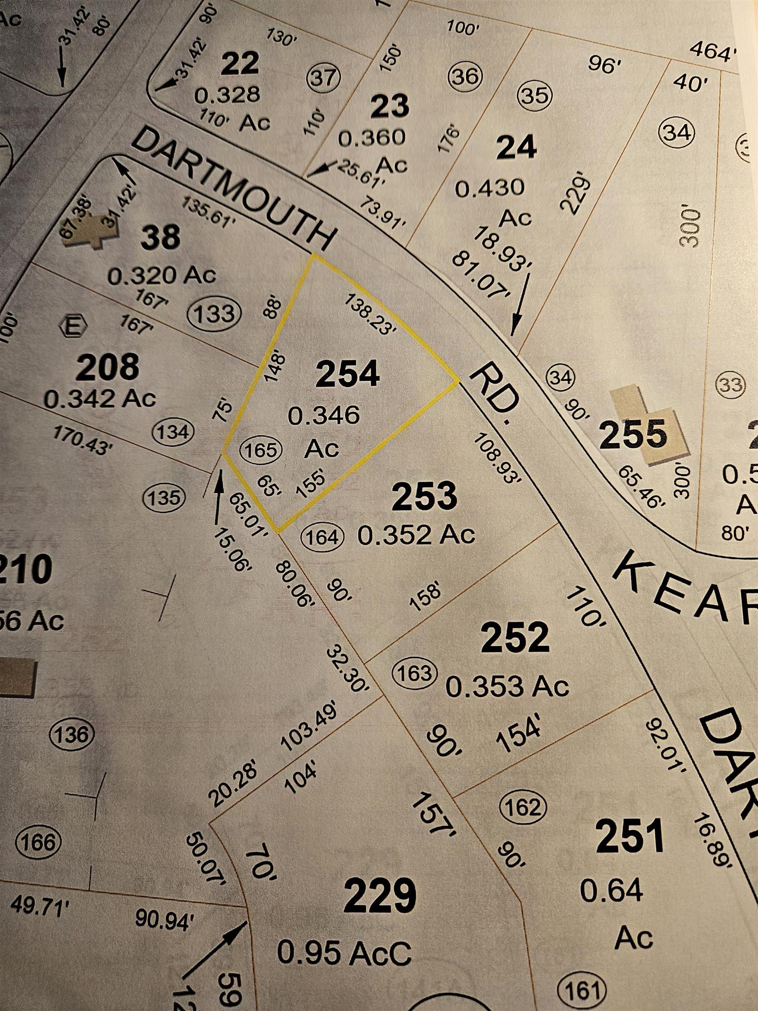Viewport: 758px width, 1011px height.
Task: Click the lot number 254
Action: pyautogui.click(x=348, y=373)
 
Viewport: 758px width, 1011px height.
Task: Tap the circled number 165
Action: pyautogui.click(x=261, y=450)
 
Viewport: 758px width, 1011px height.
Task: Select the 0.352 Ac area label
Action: pyautogui.click(x=416, y=534)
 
